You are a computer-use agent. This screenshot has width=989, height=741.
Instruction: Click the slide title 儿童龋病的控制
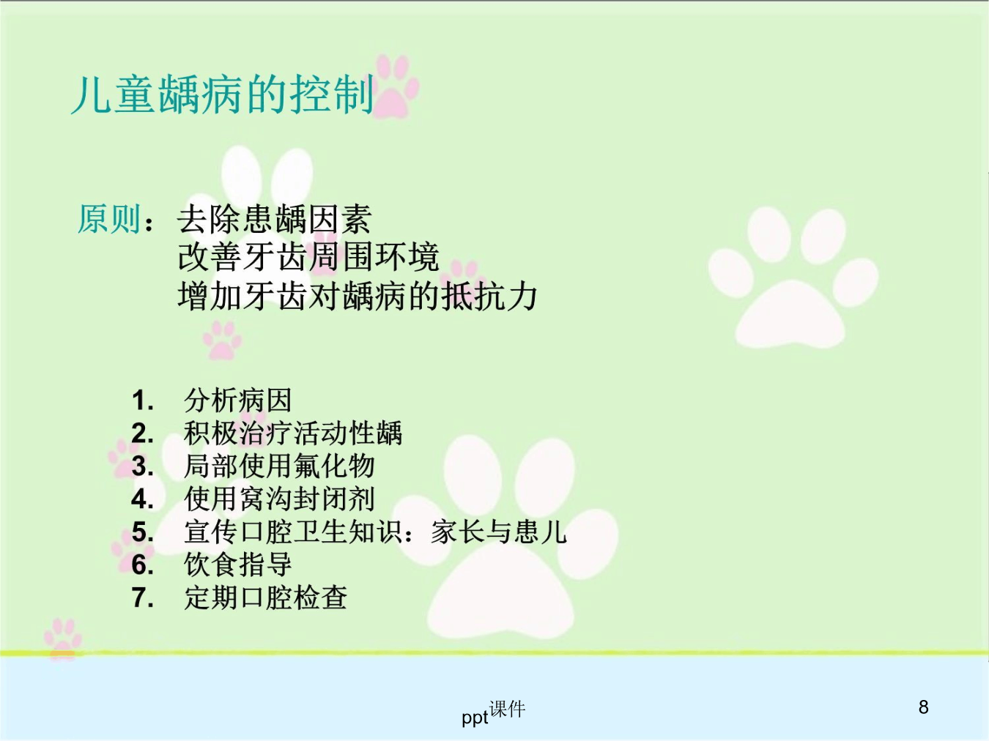222,94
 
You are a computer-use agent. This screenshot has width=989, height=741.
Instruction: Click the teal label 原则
108,219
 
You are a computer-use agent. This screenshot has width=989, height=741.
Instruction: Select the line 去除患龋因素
275,219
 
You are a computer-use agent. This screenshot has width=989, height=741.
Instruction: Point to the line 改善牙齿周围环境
308,258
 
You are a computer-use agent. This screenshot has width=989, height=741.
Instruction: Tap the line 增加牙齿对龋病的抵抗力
358,297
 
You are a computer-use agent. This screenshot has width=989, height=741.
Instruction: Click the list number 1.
142,401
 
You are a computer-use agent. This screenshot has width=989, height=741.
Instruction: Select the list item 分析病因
238,401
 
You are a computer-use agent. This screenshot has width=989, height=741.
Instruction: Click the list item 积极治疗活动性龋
293,433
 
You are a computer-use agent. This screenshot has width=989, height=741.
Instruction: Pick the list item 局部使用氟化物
279,466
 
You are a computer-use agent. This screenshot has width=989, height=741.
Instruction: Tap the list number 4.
142,499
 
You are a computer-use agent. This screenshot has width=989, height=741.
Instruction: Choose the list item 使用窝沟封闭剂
279,499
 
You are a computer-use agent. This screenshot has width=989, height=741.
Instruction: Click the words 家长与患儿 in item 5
498,532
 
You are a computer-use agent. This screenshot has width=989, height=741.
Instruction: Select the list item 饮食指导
238,565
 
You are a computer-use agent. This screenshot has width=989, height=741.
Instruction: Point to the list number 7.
142,597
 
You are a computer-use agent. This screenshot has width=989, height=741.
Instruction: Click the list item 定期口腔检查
265,597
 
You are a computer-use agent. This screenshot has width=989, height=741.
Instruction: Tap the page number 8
924,707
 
